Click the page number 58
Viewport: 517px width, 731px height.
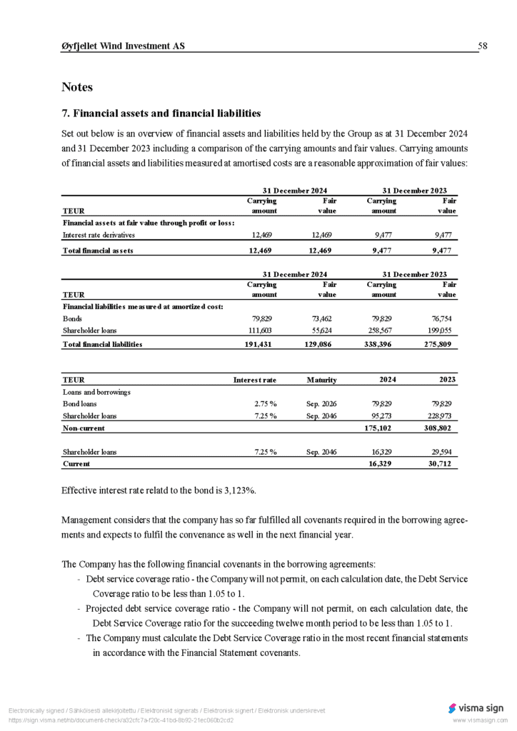coord(483,46)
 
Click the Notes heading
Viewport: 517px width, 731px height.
coord(77,87)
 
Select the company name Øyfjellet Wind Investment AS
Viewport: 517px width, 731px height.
coord(123,46)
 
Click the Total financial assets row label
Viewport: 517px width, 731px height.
coord(98,251)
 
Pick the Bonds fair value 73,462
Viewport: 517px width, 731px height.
coord(322,318)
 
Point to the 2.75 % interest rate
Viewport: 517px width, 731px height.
coord(266,403)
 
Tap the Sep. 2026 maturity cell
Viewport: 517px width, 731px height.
coord(321,403)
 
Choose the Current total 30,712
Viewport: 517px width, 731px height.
coord(442,464)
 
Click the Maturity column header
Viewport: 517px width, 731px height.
coord(321,380)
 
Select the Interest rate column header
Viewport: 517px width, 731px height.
coord(255,380)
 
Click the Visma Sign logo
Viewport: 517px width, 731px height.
coord(476,708)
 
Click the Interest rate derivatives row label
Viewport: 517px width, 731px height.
coord(99,234)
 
